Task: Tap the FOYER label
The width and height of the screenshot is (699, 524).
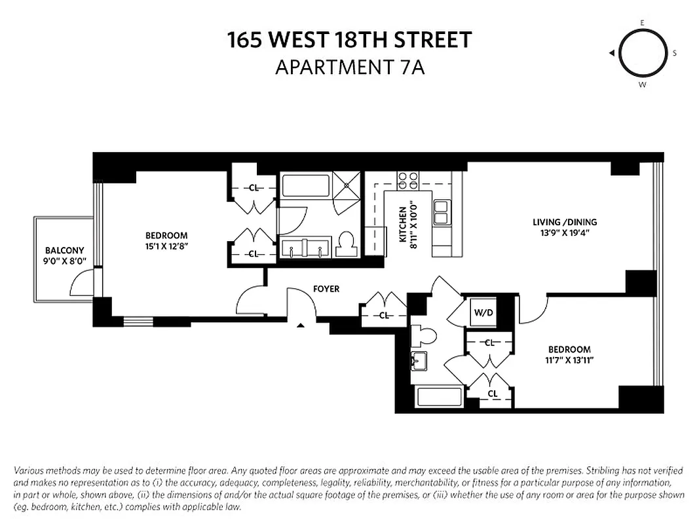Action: pyautogui.click(x=326, y=289)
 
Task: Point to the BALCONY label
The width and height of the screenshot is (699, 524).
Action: pyautogui.click(x=64, y=250)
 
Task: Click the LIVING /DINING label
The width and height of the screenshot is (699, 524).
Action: pyautogui.click(x=565, y=222)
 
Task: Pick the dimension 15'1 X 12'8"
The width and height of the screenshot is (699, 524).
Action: pyautogui.click(x=166, y=246)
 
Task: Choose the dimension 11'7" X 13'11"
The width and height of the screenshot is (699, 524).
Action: pyautogui.click(x=569, y=360)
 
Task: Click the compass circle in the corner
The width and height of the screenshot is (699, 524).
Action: pyautogui.click(x=642, y=53)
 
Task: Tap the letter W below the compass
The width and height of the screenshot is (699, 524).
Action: pyautogui.click(x=642, y=84)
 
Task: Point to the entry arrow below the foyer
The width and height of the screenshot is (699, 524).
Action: pyautogui.click(x=301, y=324)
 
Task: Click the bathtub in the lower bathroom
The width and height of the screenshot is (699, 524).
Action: pyautogui.click(x=440, y=398)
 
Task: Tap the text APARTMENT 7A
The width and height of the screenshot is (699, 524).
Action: pyautogui.click(x=349, y=67)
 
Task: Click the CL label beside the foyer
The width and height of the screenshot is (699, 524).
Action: pyautogui.click(x=385, y=316)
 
